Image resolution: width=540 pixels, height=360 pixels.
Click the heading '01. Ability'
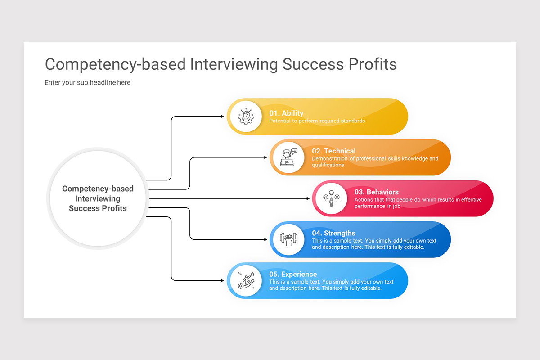(286, 113)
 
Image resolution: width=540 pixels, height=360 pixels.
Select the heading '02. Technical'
(333, 151)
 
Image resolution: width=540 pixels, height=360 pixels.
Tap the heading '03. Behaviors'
(376, 192)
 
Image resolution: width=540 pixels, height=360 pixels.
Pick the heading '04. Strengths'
(333, 233)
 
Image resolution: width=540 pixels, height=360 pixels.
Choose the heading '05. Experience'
(293, 274)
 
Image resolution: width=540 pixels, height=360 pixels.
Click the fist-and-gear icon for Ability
(246, 117)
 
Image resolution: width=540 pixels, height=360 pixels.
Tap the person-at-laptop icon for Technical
(288, 157)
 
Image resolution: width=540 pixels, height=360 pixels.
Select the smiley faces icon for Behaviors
(331, 198)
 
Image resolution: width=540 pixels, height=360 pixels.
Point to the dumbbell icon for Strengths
(288, 239)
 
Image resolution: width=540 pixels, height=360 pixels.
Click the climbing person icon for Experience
(246, 280)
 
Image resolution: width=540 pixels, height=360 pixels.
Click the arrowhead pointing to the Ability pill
(222, 117)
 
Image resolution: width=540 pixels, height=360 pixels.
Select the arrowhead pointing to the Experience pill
(222, 280)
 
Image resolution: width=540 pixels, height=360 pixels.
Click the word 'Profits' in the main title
(373, 64)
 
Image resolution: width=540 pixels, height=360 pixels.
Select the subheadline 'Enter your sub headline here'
(87, 83)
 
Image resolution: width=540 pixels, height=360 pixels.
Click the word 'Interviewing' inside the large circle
(98, 198)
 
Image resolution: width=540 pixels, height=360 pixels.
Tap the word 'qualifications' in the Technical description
(328, 165)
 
